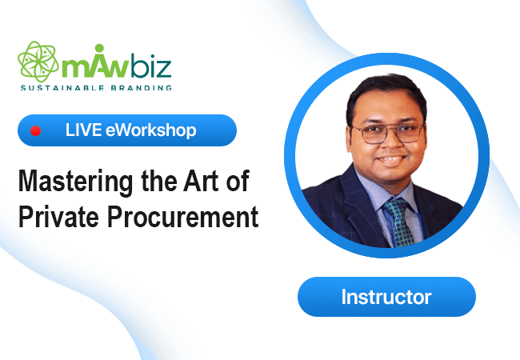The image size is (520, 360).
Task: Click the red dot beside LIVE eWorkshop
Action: click(x=35, y=130)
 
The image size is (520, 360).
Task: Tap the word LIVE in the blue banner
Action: click(x=83, y=130)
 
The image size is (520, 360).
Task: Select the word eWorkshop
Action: click(x=151, y=130)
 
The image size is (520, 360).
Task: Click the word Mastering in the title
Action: click(x=76, y=182)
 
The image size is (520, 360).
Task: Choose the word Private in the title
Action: click(x=58, y=217)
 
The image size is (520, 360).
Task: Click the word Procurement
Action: click(x=182, y=217)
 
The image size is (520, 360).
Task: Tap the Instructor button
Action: click(x=386, y=297)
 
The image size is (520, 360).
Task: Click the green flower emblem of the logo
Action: click(x=38, y=62)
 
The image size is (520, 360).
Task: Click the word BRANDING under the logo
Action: click(x=142, y=88)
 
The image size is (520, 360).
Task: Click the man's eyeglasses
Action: click(x=387, y=133)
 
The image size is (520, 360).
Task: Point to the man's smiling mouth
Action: click(x=391, y=160)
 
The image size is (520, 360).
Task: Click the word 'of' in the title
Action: click(x=238, y=181)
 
